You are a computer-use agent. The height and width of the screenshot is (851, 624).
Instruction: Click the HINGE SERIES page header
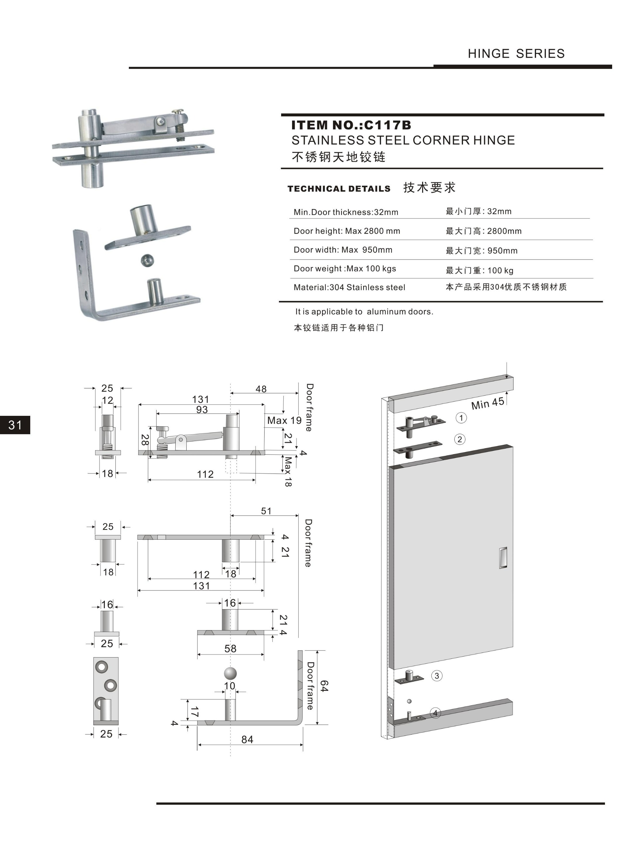(516, 54)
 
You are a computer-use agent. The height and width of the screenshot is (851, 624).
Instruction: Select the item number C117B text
(351, 125)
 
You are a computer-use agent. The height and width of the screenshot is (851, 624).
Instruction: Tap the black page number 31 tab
(15, 425)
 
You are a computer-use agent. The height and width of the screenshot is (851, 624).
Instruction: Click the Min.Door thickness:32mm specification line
(346, 212)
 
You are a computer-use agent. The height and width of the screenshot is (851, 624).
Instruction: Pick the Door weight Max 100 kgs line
(345, 269)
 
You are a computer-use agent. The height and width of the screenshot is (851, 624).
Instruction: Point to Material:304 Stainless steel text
(349, 287)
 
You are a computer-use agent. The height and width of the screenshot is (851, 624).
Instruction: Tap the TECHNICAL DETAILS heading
(339, 189)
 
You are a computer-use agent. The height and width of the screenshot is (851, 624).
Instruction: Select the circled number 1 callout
(461, 418)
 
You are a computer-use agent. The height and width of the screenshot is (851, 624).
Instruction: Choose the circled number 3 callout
(437, 676)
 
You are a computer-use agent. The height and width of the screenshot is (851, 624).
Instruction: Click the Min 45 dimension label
(488, 404)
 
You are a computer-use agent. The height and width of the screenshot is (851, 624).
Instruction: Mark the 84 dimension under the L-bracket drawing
(247, 740)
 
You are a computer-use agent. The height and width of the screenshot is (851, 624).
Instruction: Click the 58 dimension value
(230, 649)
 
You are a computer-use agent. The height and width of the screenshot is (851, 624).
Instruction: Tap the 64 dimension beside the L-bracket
(324, 686)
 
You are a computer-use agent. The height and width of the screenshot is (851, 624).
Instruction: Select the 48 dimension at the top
(261, 389)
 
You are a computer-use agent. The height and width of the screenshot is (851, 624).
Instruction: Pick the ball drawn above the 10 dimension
(230, 673)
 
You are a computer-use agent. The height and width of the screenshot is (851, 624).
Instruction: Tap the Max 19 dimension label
(284, 420)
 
